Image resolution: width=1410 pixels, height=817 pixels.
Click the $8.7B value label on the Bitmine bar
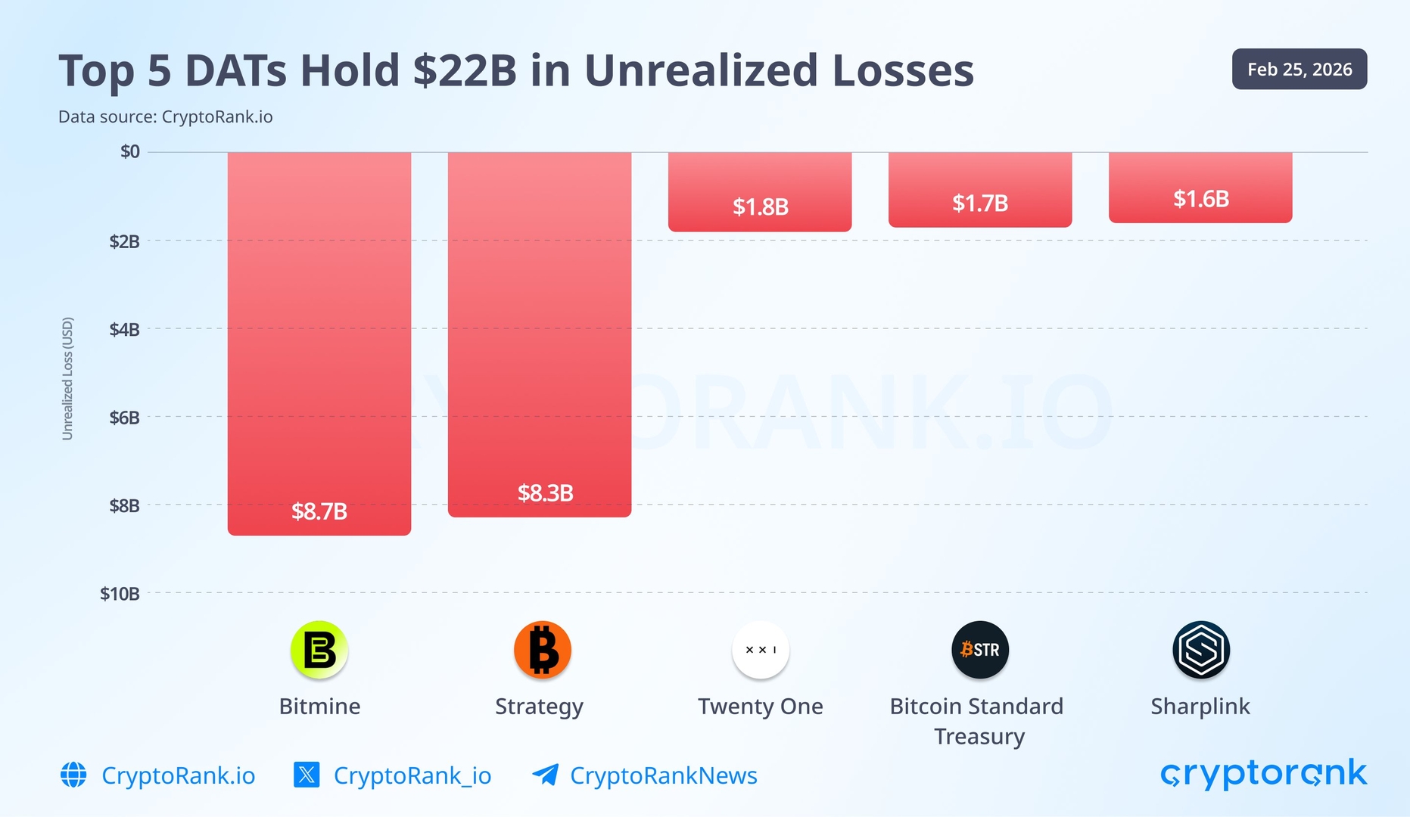click(x=319, y=511)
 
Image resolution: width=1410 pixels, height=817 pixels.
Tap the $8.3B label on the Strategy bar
click(x=545, y=493)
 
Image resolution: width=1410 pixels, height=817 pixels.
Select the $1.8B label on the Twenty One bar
click(x=760, y=207)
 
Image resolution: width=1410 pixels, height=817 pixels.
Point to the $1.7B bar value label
click(x=980, y=203)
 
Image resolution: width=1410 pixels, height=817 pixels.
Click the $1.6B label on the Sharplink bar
click(x=1200, y=199)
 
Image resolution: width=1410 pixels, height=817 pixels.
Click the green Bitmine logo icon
click(x=319, y=650)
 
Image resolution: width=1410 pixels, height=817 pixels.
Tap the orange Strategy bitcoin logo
click(x=542, y=650)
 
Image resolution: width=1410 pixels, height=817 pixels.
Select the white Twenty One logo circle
click(x=760, y=650)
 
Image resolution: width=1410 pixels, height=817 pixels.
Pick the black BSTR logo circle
click(x=980, y=650)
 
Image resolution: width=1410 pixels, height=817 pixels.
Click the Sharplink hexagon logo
click(x=1200, y=650)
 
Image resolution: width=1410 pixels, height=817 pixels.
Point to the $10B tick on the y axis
click(x=120, y=594)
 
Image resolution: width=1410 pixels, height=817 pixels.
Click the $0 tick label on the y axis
click(x=130, y=152)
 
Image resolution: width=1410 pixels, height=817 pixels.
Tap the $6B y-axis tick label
click(x=124, y=418)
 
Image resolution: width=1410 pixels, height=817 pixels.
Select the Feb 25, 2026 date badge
click(x=1299, y=70)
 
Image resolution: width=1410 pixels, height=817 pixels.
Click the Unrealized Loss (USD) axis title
click(x=67, y=378)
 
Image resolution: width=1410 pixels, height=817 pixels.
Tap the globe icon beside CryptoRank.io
click(x=73, y=775)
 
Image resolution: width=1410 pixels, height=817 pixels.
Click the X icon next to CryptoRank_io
click(x=307, y=775)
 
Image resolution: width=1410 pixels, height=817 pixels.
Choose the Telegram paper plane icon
click(x=546, y=775)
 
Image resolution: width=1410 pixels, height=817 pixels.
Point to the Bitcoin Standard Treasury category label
click(x=977, y=720)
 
